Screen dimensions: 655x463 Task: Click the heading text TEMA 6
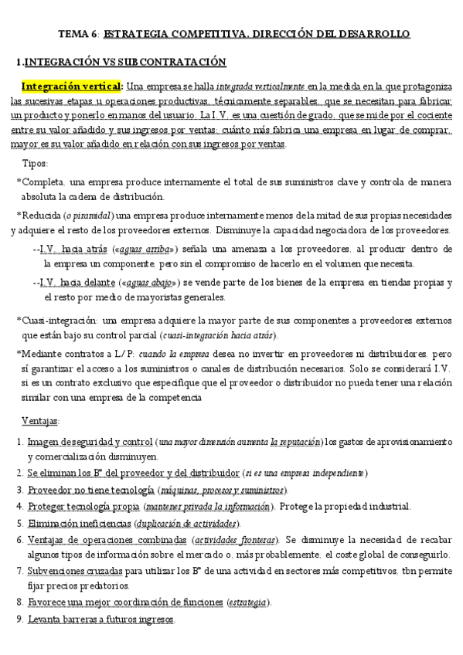coord(79,34)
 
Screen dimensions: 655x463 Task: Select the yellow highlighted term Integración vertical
coord(72,86)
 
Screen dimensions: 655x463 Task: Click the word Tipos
coord(36,163)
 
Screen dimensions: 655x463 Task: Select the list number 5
coord(19,523)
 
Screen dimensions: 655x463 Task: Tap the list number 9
coord(19,619)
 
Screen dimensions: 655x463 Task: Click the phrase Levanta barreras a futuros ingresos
coord(101,619)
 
